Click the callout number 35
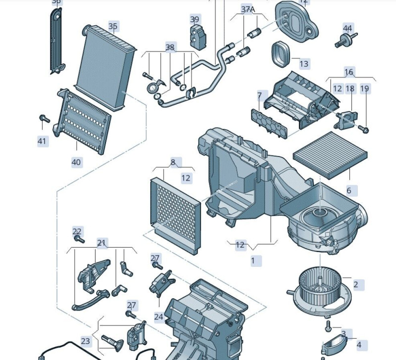pos(113,26)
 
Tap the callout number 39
pos(195,19)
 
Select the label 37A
pos(247,9)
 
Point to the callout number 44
pos(347,28)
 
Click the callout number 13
pos(303,63)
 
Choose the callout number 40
pos(76,162)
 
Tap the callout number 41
pos(42,141)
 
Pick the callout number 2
pos(355,284)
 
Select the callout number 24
pos(158,316)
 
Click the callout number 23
pos(86,341)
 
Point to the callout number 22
pos(77,231)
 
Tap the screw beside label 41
pos(44,118)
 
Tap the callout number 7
pos(259,95)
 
